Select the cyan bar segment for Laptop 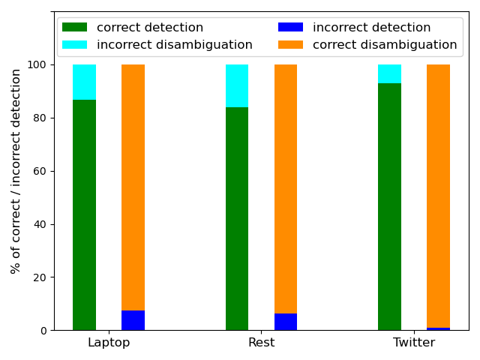click(84, 82)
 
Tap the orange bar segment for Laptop click(133, 187)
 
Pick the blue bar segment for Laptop click(133, 320)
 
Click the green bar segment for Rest click(237, 218)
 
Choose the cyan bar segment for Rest click(237, 85)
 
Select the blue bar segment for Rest click(286, 322)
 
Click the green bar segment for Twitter click(389, 206)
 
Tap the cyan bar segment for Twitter click(389, 73)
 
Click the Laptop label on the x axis click(109, 343)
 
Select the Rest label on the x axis click(261, 343)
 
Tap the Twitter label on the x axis click(414, 343)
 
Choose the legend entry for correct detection click(150, 28)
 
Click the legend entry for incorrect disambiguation click(175, 45)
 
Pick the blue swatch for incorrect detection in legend click(291, 28)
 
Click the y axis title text click(16, 171)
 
